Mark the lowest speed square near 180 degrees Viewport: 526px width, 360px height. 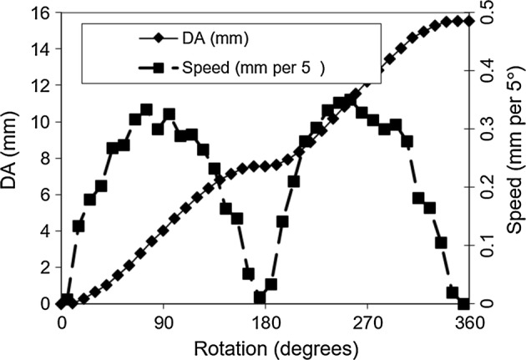click(260, 297)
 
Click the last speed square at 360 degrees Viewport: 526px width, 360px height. click(463, 303)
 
